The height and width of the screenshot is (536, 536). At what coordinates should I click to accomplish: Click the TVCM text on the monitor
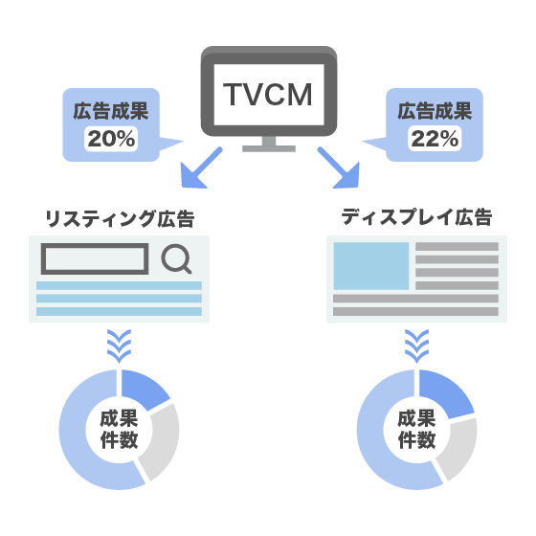click(x=268, y=95)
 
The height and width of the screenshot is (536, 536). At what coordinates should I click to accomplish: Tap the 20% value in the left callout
click(x=111, y=139)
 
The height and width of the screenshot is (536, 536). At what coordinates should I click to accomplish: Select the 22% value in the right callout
click(x=435, y=139)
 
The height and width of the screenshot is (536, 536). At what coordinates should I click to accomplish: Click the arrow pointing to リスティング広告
click(x=200, y=168)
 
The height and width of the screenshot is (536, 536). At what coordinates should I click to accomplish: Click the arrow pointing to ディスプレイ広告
click(x=340, y=168)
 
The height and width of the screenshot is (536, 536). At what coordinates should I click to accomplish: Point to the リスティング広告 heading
click(x=120, y=219)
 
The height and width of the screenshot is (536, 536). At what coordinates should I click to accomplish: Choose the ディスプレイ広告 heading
click(x=416, y=217)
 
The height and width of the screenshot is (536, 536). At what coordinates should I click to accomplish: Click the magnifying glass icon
click(x=176, y=258)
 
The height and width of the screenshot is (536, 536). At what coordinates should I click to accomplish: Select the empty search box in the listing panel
click(x=95, y=258)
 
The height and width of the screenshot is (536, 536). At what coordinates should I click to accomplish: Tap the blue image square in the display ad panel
click(x=371, y=266)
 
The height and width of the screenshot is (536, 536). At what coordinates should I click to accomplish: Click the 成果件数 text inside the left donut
click(x=119, y=430)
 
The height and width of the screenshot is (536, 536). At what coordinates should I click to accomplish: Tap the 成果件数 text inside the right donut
click(x=416, y=430)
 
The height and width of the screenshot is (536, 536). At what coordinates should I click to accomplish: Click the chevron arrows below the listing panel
click(x=119, y=346)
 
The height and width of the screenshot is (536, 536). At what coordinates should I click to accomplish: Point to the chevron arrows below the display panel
click(x=416, y=346)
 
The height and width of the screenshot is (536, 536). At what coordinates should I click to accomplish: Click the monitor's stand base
click(x=269, y=148)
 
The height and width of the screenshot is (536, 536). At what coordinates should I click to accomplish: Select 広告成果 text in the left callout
click(x=111, y=111)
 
